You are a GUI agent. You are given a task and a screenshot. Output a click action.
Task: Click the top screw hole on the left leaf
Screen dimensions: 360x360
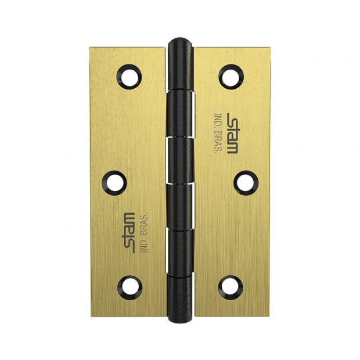(129, 77)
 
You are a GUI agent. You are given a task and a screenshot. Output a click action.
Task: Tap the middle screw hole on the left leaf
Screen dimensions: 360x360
(114, 183)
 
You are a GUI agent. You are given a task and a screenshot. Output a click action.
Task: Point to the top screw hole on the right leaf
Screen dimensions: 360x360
(231, 77)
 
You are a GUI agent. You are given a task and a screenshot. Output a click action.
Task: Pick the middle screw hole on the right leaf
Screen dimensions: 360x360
(246, 183)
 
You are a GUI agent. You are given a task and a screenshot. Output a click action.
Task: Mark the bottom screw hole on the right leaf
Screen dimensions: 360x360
(231, 287)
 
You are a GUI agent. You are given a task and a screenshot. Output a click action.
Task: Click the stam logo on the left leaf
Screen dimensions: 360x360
(128, 233)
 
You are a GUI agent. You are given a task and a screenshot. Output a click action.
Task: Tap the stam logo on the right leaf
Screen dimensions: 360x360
(233, 133)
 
